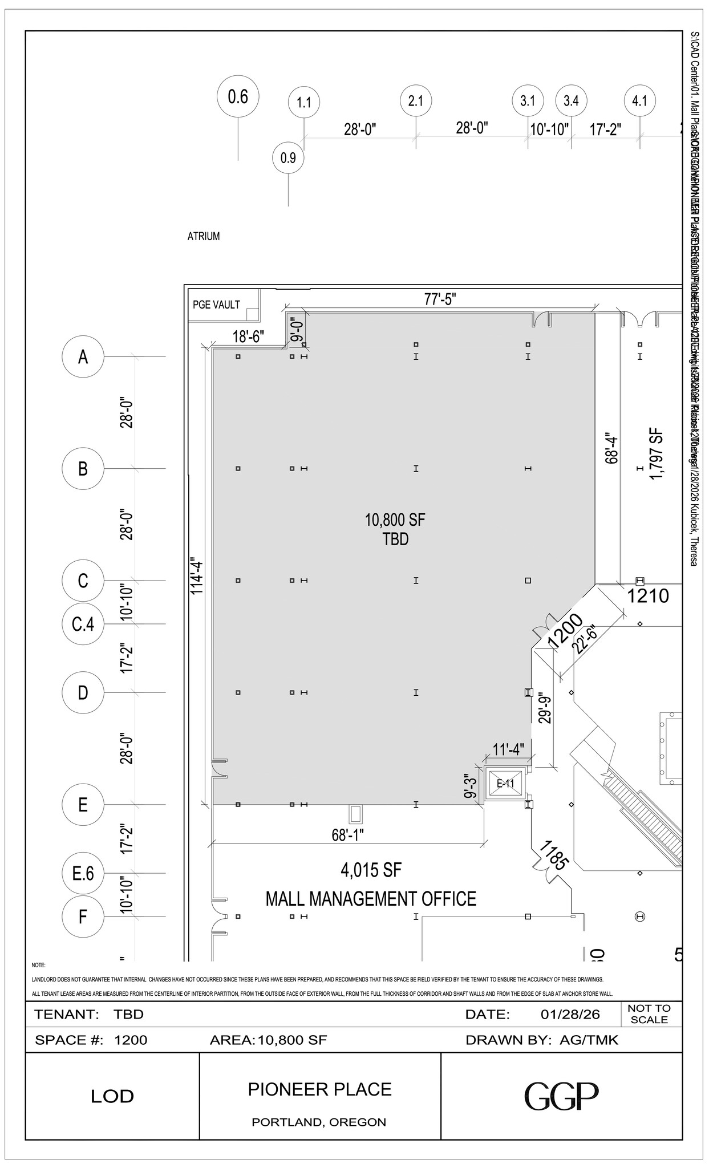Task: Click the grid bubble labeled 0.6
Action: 238,97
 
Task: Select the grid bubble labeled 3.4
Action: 571,101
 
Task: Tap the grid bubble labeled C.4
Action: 83,624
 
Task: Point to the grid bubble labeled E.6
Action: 83,873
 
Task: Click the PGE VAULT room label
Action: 216,305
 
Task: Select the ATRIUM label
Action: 204,236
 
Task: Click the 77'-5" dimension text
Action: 440,299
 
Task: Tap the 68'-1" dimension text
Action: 348,835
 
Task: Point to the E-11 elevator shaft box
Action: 505,784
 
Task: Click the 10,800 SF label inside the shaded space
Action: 395,520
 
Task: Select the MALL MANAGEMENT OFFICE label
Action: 371,899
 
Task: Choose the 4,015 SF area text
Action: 371,870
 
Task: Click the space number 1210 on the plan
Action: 648,596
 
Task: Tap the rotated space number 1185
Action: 553,854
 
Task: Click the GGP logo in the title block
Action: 561,1096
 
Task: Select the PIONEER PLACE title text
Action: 319,1089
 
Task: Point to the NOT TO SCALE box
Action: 649,1013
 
